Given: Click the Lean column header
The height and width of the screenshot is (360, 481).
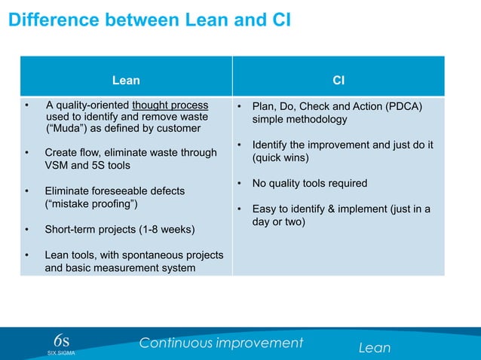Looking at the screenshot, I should [x=126, y=79].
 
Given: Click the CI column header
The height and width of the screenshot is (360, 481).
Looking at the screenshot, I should [x=339, y=79].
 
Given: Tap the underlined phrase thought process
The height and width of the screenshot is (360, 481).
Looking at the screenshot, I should [x=170, y=105].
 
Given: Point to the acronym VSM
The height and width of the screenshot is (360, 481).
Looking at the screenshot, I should [x=58, y=165].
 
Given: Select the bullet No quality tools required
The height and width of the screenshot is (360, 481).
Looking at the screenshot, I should [x=310, y=183].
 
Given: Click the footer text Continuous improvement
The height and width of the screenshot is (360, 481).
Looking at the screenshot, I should [x=221, y=343].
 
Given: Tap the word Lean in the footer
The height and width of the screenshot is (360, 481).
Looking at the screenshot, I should [x=375, y=347].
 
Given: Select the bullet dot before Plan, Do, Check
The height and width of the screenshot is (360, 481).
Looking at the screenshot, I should [x=238, y=106].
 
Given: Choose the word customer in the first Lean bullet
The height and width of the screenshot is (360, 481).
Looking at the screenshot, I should [x=179, y=129].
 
